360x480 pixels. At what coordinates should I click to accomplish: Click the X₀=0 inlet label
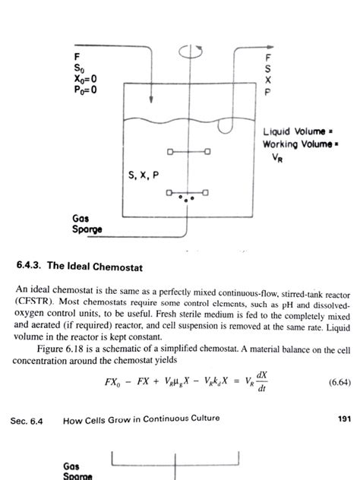(77, 77)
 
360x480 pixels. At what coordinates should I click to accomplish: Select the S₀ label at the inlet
(71, 67)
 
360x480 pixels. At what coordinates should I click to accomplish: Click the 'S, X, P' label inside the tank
(144, 175)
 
